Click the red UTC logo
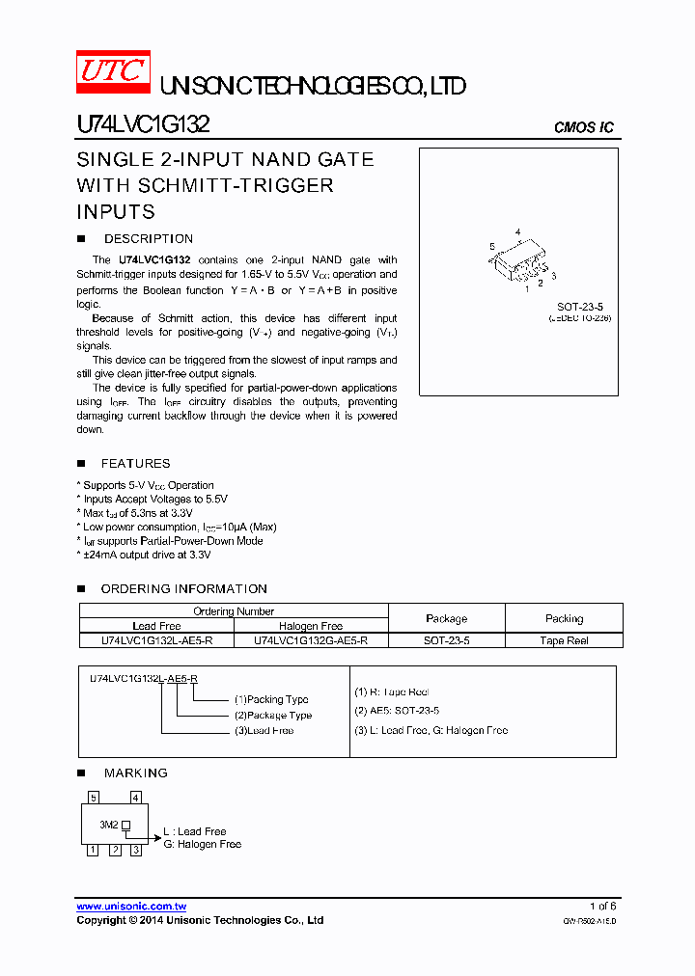pos(112,70)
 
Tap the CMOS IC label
pos(583,127)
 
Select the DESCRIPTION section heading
pos(148,238)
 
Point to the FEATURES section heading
pos(135,464)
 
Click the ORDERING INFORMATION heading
pos(183,588)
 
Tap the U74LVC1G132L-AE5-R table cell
pos(156,640)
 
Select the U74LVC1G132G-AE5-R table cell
pos(310,640)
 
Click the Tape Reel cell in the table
pos(564,640)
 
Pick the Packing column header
pos(564,618)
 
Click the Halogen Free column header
pos(310,626)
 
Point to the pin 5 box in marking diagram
pos(93,798)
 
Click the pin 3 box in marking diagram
pos(136,850)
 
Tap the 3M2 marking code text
pos(108,825)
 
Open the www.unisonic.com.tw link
pos(131,907)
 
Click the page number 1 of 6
pos(602,907)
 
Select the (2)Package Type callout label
pos(273,715)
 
